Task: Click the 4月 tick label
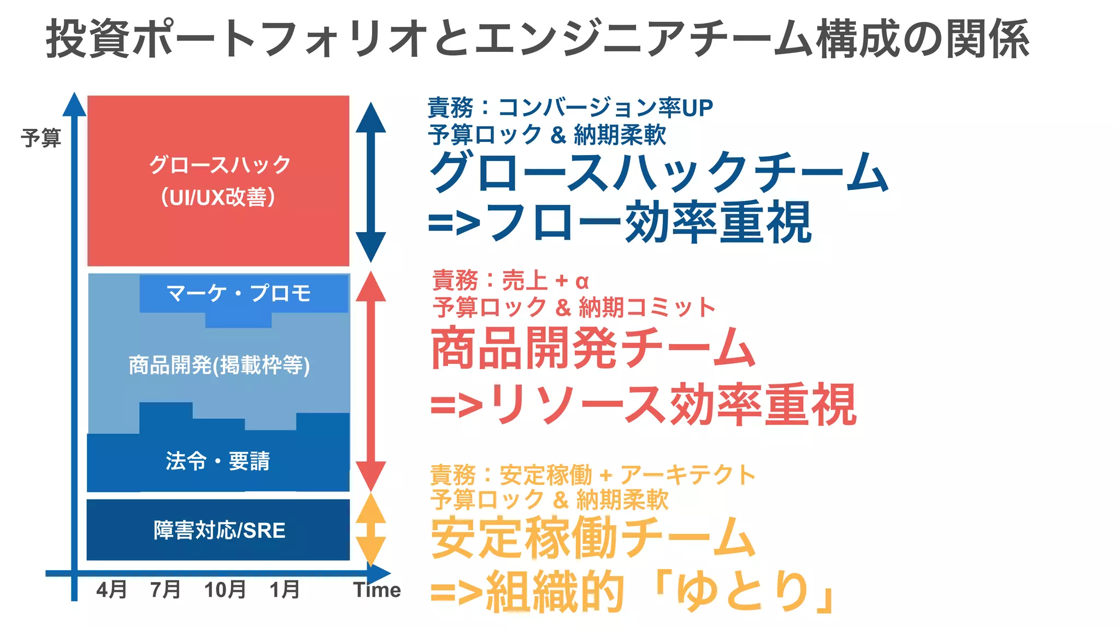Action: coord(111,590)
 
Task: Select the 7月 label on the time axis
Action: coord(166,590)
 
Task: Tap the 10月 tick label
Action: coord(225,590)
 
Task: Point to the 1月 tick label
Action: coord(285,590)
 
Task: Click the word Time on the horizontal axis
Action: coord(377,590)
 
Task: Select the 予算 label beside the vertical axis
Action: coord(41,138)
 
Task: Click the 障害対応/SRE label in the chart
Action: coord(219,530)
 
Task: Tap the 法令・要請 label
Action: coord(217,461)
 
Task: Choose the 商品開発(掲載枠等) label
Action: coord(219,365)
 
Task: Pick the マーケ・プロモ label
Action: coord(238,293)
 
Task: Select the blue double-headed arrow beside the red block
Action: coord(371,182)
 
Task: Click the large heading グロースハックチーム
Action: coord(659,172)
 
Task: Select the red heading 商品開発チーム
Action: coord(593,348)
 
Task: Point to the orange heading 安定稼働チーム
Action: coord(593,538)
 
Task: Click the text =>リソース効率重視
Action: coord(643,405)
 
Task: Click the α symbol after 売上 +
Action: coord(582,281)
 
